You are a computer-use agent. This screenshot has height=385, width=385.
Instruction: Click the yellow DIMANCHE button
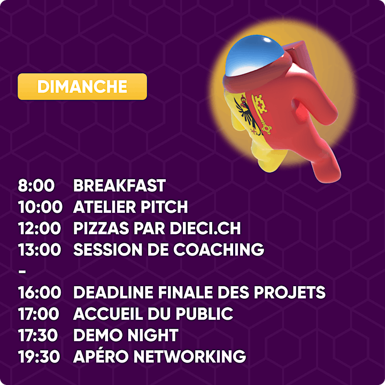point(82,87)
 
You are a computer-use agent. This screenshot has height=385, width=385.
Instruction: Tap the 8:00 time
point(36,186)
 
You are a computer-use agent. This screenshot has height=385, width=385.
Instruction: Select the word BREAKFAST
point(119,186)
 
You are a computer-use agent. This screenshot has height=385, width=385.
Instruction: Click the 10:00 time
point(40,207)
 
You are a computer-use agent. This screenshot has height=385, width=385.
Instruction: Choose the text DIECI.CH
point(205,228)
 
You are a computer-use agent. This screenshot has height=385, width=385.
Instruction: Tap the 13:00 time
point(40,250)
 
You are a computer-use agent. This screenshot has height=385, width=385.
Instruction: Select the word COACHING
point(219,250)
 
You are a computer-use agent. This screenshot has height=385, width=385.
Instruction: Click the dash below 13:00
point(22,271)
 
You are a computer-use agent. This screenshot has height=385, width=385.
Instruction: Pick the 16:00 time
point(40,292)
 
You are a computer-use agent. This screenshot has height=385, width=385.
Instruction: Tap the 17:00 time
point(39,314)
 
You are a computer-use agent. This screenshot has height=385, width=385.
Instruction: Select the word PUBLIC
point(204,314)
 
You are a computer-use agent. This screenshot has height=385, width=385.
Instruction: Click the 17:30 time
point(38,335)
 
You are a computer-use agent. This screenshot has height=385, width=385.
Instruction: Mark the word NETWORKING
point(189,356)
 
